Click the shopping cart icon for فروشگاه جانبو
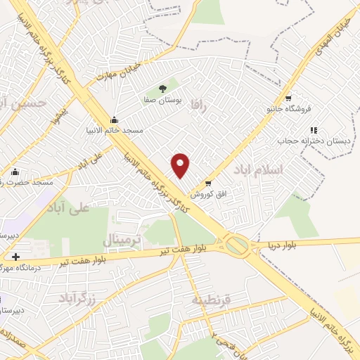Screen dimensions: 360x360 (x=287, y=98)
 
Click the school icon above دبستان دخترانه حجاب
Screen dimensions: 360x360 (x=314, y=130)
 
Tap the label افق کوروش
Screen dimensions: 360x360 (x=208, y=193)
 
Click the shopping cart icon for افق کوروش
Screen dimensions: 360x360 (x=208, y=183)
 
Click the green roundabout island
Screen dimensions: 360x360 (x=237, y=245)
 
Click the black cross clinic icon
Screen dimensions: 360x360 (x=15, y=257)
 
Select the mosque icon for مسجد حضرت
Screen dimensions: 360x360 (x=15, y=171)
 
